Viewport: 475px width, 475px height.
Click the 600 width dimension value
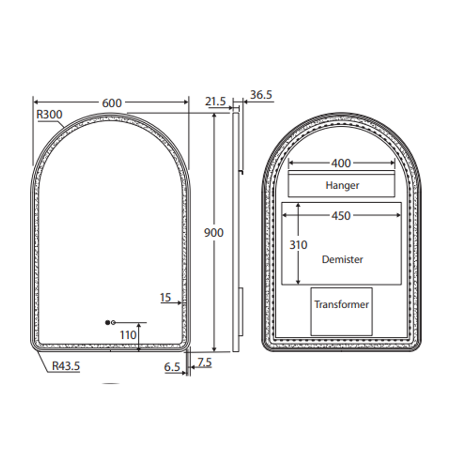112,103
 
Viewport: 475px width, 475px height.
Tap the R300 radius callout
49,115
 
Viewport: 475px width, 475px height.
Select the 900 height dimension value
214,233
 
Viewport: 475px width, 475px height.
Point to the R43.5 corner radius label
66,366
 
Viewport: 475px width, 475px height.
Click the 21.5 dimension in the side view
215,102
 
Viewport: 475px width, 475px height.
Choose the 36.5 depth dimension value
261,95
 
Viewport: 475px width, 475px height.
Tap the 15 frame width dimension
165,298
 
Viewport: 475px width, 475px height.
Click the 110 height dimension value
128,335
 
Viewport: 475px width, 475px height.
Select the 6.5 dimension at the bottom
172,367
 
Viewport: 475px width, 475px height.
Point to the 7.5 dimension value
205,362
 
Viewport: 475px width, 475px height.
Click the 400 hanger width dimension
341,163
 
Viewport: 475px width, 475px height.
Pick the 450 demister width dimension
341,216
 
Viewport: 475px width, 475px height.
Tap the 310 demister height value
298,245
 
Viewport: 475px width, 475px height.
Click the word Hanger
342,186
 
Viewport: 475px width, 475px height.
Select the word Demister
342,259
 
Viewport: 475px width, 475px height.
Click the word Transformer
341,304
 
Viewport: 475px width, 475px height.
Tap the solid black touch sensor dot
108,322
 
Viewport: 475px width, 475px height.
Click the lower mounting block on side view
241,312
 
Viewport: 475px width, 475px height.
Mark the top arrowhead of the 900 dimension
214,116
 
